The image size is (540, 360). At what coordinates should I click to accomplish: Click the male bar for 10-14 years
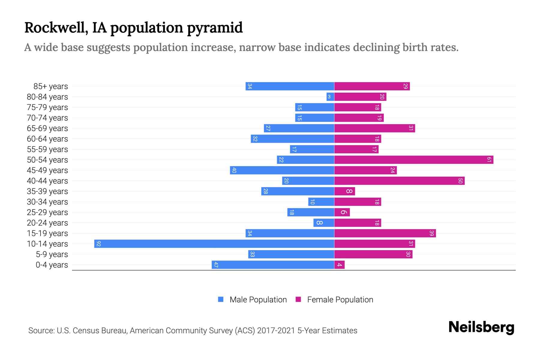[214, 244]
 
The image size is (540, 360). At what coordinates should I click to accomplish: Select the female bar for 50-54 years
[414, 160]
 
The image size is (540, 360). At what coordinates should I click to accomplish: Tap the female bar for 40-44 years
[399, 181]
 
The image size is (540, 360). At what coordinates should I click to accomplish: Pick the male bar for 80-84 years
[330, 97]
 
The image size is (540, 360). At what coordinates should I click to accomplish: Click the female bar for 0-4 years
[339, 265]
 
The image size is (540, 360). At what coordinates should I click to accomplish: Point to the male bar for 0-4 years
[273, 265]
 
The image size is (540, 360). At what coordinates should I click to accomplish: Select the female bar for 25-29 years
[342, 212]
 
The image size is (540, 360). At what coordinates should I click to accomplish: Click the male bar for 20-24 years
[324, 223]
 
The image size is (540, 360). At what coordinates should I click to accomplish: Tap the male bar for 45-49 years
[282, 170]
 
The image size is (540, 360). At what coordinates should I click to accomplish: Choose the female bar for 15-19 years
[385, 233]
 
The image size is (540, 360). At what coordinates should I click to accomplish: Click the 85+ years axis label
[51, 86]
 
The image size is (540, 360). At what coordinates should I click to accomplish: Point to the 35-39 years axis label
[47, 191]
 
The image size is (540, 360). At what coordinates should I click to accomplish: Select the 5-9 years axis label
[52, 254]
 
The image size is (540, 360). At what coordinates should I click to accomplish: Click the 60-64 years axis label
[47, 139]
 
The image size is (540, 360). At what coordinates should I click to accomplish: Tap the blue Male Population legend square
[221, 299]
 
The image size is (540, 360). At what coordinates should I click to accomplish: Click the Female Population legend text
[340, 299]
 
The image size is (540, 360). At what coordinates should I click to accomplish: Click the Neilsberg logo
[481, 327]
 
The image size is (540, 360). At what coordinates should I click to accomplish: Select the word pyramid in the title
[215, 28]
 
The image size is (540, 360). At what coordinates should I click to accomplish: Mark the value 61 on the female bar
[489, 160]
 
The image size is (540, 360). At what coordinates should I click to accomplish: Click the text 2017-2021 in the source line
[276, 331]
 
